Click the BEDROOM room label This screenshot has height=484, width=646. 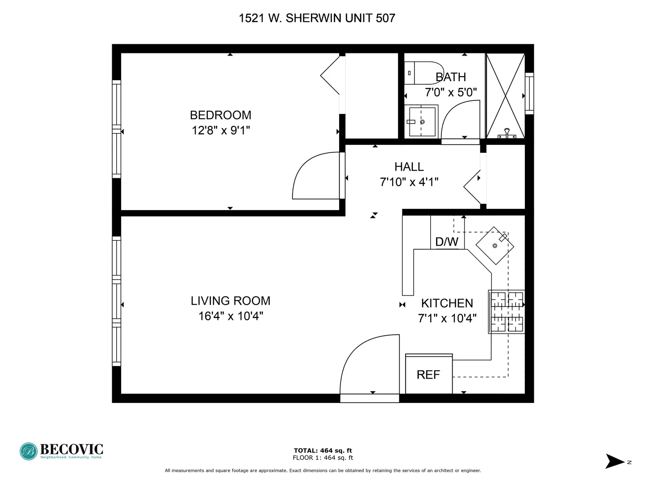[220, 115]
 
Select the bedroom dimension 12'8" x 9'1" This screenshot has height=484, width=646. [220, 130]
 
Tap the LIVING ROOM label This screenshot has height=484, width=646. [231, 301]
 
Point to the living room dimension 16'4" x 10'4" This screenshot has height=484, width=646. [231, 316]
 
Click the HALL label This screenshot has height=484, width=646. [409, 167]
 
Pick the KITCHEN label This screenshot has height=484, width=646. [447, 303]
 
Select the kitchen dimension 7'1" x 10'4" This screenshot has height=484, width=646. [447, 319]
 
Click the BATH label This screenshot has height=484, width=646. [451, 77]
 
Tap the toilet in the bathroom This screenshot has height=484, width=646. [422, 73]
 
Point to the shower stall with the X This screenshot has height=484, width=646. [505, 95]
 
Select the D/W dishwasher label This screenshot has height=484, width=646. [447, 242]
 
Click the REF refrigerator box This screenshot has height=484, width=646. [428, 375]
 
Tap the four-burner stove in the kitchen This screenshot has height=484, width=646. [506, 311]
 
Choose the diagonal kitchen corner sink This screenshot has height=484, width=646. [494, 246]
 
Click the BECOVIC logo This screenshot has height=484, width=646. [61, 451]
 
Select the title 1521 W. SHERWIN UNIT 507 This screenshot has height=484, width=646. [317, 18]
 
